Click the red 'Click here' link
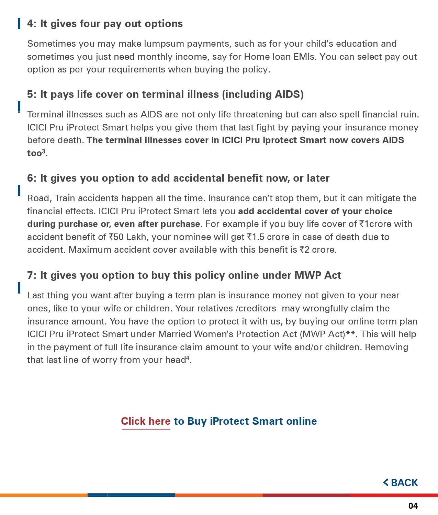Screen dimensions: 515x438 (x=146, y=421)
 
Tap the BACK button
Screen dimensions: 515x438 (x=401, y=483)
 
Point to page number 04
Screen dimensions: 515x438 (x=413, y=506)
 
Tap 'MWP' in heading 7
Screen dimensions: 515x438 (x=308, y=275)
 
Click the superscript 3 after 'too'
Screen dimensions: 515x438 (x=44, y=151)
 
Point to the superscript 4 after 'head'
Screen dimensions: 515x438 (x=188, y=358)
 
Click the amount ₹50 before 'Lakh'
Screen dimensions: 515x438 (x=116, y=237)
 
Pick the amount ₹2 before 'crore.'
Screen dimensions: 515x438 (x=304, y=250)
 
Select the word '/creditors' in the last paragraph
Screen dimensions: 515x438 (x=256, y=308)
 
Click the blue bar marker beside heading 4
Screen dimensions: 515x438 (x=19, y=24)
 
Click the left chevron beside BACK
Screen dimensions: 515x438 (x=386, y=482)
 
